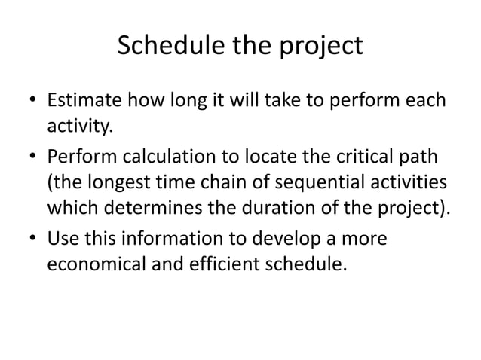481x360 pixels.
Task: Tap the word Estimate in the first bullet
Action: click(81, 100)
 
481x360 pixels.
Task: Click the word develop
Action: click(304, 241)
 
